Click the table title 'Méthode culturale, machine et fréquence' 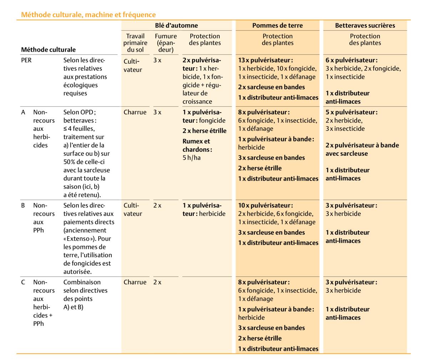pos(88,15)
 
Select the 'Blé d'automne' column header pos(176,25)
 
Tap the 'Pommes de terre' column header pos(277,25)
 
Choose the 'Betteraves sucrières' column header pos(365,25)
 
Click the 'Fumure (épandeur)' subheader pos(165,43)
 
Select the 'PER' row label pos(26,60)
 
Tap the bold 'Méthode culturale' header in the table pos(48,50)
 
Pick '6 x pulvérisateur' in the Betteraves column pos(351,60)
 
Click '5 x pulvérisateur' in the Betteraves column pos(351,112)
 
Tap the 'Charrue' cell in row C pos(135,282)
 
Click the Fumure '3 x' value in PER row pos(157,60)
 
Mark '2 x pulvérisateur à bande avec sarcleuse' pos(362,149)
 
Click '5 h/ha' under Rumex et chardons pos(192,158)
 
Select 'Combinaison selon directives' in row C pos(85,286)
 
